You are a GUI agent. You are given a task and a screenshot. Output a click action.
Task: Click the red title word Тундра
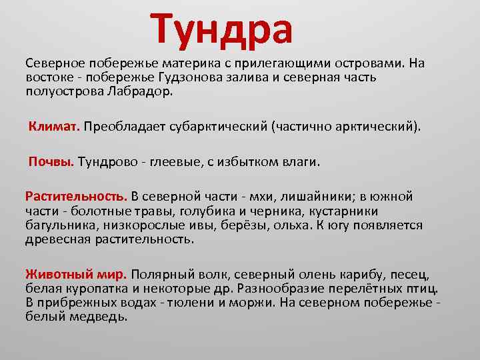pyautogui.click(x=221, y=31)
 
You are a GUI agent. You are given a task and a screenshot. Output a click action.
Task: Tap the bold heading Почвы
pyautogui.click(x=51, y=161)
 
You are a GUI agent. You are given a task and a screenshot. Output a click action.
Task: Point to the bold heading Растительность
pyautogui.click(x=75, y=197)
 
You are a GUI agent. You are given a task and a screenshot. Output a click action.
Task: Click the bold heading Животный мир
pyautogui.click(x=75, y=274)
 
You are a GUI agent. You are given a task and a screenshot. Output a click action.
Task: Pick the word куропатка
pyautogui.click(x=88, y=288)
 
